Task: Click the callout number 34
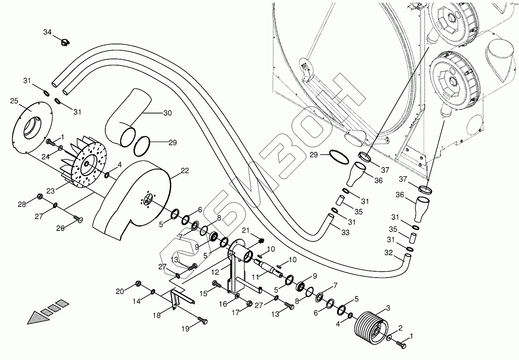click(47, 32)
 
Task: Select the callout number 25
click(15, 101)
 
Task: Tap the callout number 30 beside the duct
click(167, 113)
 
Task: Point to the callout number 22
click(185, 170)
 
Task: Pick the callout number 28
click(22, 204)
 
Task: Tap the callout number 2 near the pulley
click(400, 327)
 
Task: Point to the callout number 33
click(345, 233)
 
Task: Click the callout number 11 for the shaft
click(256, 277)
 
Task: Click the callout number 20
click(120, 291)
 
